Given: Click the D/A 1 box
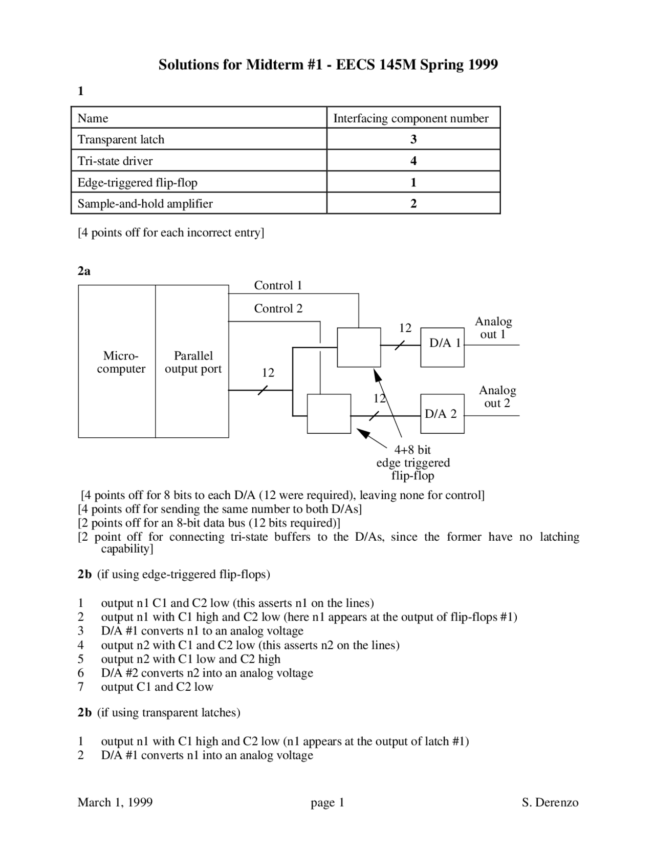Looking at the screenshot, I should [443, 348].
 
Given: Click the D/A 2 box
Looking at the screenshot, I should [442, 414].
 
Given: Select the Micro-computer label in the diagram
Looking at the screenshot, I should [121, 362].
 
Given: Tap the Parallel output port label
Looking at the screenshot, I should [193, 362].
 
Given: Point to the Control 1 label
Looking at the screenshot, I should [278, 285].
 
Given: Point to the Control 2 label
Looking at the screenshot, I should [278, 308].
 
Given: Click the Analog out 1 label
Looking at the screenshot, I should [493, 328].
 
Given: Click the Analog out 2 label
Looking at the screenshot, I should [497, 396].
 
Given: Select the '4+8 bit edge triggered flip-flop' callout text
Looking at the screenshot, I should [413, 462].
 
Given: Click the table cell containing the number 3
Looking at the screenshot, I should [413, 139].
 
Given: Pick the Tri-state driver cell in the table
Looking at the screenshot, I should [115, 161].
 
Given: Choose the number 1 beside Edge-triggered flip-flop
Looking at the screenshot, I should [413, 182].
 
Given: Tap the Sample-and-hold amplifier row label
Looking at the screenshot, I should [145, 204].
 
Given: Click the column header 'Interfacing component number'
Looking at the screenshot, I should [411, 118].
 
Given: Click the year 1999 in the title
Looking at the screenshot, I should [483, 65].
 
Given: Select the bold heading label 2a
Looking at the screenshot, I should [84, 271].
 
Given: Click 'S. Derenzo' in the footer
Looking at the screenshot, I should [550, 802].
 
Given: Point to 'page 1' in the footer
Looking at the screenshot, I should [327, 802].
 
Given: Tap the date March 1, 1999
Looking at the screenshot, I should [115, 802].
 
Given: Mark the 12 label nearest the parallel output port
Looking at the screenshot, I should [268, 373].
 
